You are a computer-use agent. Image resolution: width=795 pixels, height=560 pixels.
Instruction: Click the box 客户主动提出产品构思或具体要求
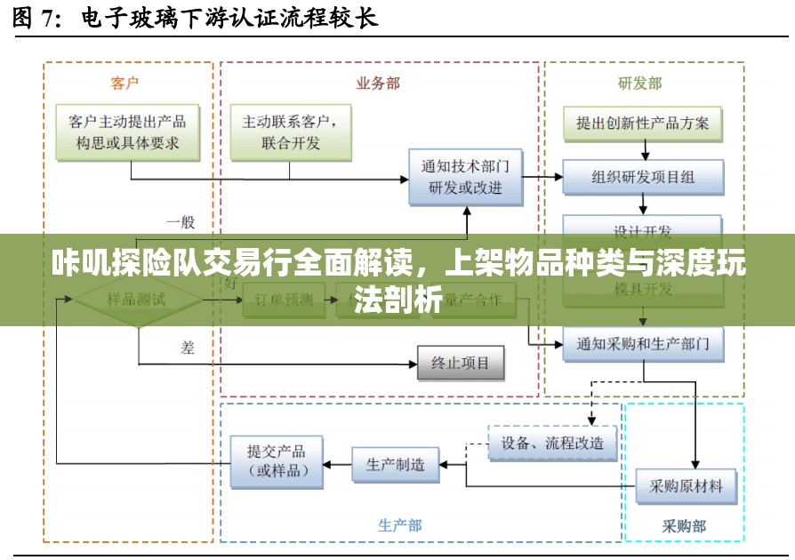click(128, 132)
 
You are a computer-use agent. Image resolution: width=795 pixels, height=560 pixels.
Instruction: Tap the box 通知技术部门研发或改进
click(465, 177)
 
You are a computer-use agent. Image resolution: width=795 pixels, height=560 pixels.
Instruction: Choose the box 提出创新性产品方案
click(643, 124)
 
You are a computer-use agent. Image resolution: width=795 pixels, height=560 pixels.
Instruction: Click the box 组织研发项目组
click(643, 177)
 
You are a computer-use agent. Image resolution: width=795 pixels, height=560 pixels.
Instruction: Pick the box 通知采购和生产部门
click(643, 343)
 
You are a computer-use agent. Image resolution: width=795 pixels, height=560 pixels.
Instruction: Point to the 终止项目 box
click(461, 363)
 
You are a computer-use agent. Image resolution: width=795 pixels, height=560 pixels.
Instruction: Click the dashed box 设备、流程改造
click(552, 442)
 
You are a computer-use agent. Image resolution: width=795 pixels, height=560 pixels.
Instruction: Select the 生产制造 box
click(396, 463)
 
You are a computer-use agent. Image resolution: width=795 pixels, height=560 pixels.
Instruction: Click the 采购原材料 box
click(686, 485)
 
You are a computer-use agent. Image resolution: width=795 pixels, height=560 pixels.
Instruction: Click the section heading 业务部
click(378, 83)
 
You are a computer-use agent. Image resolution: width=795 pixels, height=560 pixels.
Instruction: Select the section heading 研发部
click(640, 83)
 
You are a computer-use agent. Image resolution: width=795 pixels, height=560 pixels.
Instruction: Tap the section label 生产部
click(399, 525)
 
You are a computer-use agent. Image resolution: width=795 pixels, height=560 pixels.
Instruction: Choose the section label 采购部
click(684, 525)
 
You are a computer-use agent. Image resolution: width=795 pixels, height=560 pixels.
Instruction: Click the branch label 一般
click(180, 222)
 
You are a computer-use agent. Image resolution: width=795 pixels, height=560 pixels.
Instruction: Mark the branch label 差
click(188, 348)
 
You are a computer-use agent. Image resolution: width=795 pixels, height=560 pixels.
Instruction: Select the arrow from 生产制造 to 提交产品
click(339, 463)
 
